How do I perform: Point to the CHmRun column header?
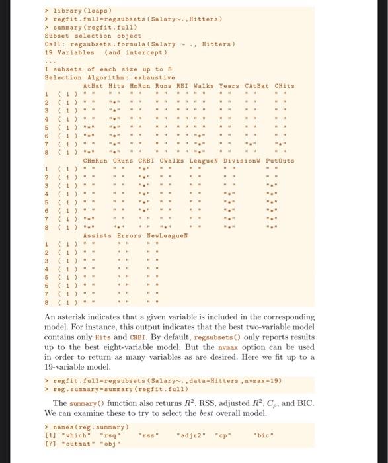click(97, 161)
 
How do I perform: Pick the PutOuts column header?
click(280, 161)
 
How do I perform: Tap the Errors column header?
click(130, 235)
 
